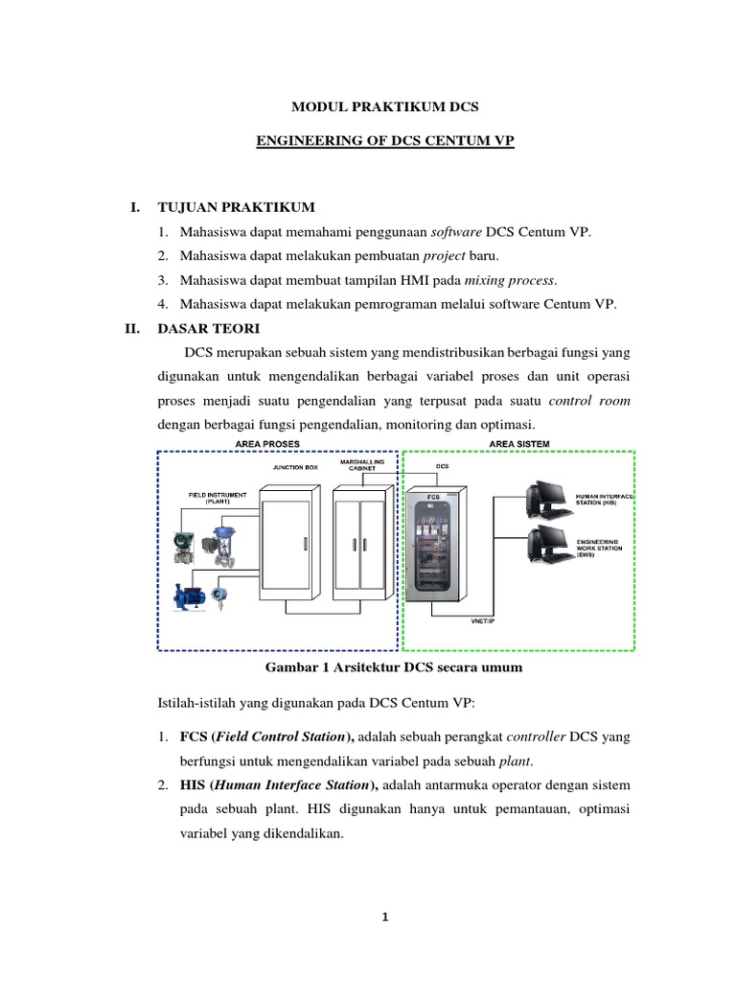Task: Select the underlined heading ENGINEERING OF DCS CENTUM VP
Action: point(384,141)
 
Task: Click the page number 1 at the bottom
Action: point(384,917)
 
